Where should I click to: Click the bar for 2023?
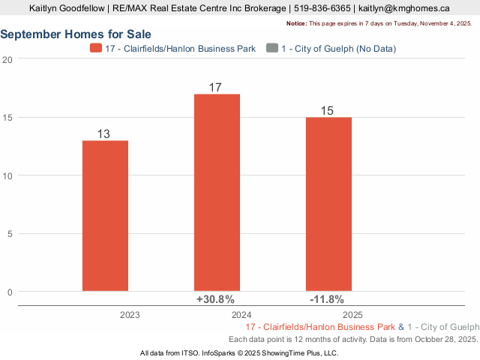(105, 215)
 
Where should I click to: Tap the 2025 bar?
(328, 204)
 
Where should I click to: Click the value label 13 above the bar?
(104, 133)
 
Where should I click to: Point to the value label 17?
(215, 88)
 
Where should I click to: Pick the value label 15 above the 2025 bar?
(327, 111)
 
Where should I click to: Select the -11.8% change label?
(327, 300)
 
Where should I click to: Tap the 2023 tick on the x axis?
(130, 316)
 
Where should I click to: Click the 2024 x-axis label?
(241, 316)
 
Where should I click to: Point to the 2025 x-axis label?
(352, 316)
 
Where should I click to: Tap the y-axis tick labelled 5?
(9, 233)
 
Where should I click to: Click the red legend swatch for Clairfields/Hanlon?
(96, 48)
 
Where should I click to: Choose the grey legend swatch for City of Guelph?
(271, 48)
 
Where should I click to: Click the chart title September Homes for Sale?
(76, 34)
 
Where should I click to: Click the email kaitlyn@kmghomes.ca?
(404, 9)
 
